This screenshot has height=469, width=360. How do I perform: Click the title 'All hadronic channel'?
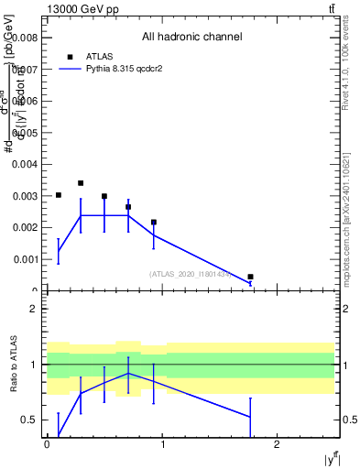tap(191, 38)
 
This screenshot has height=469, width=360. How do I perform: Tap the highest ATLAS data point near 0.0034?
tap(81, 183)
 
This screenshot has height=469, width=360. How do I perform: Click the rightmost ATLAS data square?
tap(250, 277)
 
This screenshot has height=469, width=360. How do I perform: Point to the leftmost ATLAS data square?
tap(59, 195)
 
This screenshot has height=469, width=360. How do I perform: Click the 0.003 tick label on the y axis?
tap(26, 196)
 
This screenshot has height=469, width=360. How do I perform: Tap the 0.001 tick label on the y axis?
tap(26, 259)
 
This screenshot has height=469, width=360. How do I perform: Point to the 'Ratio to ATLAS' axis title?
tap(14, 365)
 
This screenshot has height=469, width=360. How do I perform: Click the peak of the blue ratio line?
tap(128, 373)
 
